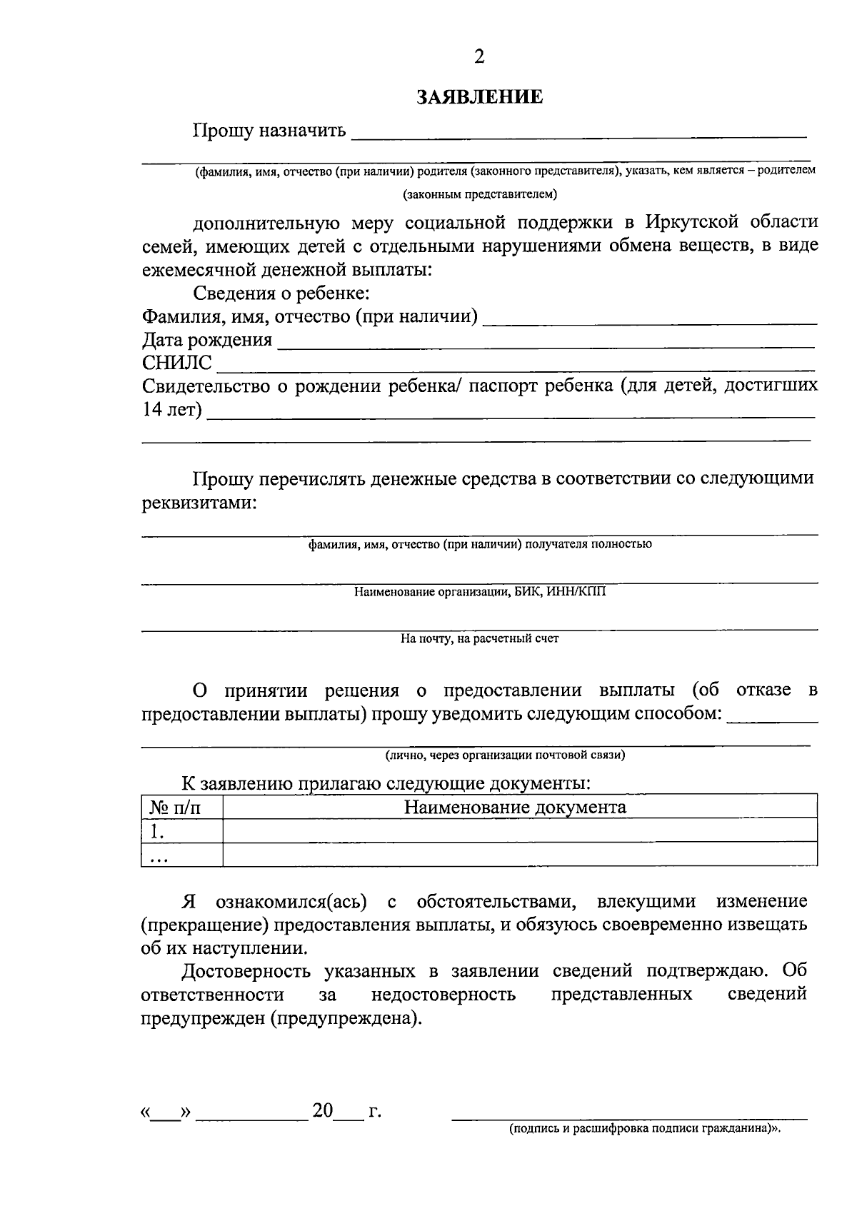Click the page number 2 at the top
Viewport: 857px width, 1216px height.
tap(479, 57)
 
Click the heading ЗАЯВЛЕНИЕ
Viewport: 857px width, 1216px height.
tap(479, 97)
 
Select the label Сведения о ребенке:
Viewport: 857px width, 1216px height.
tap(281, 293)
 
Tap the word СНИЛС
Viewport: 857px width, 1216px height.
tap(177, 363)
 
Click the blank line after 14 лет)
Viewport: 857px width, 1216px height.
tap(511, 412)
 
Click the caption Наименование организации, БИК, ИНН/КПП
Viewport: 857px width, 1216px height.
tap(479, 592)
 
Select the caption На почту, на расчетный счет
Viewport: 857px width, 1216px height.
tap(479, 639)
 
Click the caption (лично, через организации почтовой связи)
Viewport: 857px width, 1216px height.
tap(505, 755)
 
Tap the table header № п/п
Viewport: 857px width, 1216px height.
tap(175, 808)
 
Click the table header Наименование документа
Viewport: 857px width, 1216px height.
tap(515, 808)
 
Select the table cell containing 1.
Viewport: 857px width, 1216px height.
tap(181, 831)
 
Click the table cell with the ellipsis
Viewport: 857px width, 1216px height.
tap(181, 855)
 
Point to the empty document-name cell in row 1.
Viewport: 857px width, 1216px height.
tap(520, 831)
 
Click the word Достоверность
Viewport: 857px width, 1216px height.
tap(246, 971)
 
